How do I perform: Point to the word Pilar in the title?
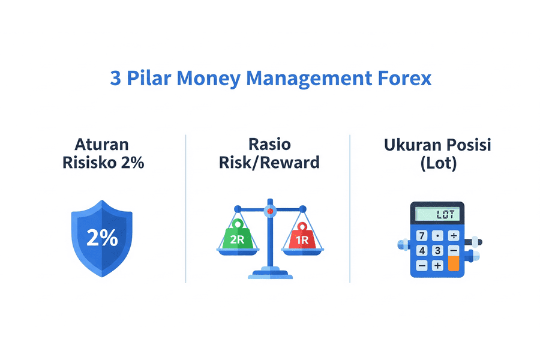point(149,78)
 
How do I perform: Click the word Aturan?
point(101,145)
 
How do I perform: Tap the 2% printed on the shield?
point(102,238)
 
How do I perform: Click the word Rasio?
point(269,145)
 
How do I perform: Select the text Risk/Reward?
point(269,163)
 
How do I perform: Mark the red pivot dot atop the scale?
point(270,211)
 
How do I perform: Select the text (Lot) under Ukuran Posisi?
point(439,163)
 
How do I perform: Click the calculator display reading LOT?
point(437,214)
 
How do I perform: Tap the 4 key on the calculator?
point(422,250)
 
